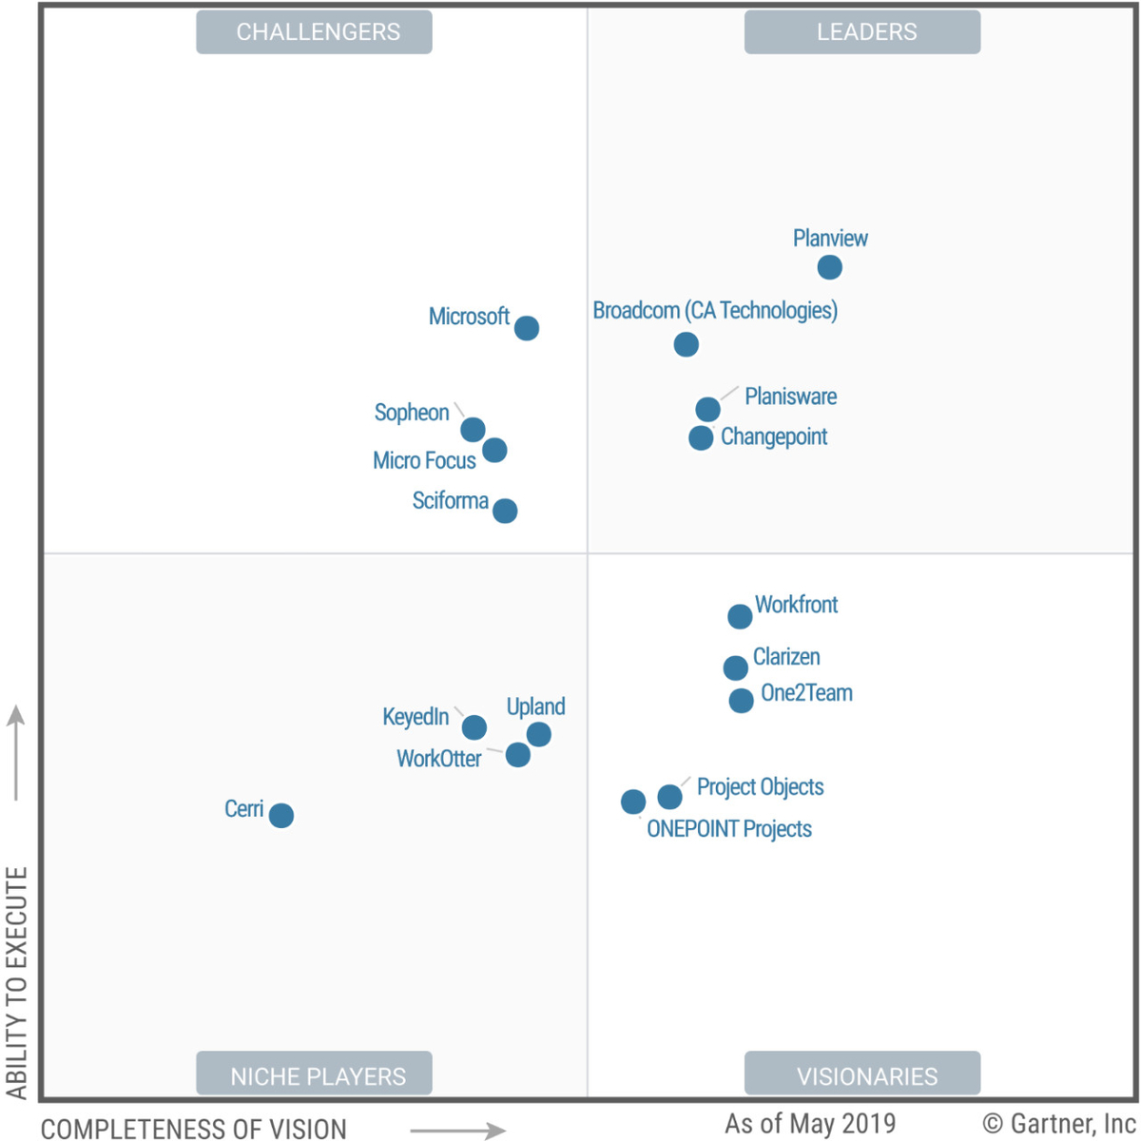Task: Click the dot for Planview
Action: click(829, 267)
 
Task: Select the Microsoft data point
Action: click(527, 328)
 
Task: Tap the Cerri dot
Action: click(281, 816)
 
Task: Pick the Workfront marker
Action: click(740, 616)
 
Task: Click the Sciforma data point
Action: click(505, 511)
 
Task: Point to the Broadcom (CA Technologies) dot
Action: click(687, 344)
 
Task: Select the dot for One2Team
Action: click(741, 701)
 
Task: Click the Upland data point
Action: click(538, 734)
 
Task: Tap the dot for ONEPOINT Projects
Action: click(633, 802)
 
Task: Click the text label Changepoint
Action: click(774, 436)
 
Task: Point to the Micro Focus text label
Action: click(424, 461)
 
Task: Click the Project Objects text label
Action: click(760, 787)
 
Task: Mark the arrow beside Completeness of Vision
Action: click(458, 1131)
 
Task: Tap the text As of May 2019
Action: click(810, 1124)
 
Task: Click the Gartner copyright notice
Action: click(1059, 1124)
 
